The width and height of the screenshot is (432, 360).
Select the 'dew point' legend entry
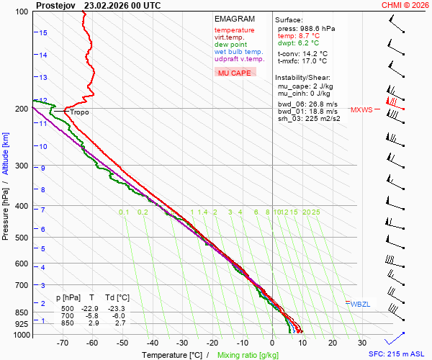point(230,45)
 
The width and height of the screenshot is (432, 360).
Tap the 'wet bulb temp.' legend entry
point(238,52)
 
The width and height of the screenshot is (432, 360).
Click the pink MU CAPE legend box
point(234,73)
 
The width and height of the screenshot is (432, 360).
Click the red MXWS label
point(361,110)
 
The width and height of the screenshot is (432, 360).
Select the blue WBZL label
point(360,305)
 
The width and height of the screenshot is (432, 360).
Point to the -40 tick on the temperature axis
point(152,343)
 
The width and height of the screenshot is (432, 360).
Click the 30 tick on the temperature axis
point(362,343)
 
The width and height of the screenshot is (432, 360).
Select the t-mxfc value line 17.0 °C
point(302,61)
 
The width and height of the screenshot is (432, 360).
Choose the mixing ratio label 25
point(315,212)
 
